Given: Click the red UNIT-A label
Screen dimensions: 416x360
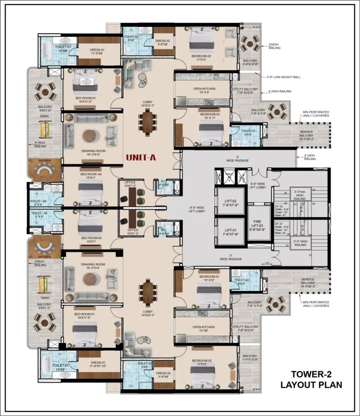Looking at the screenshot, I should (x=141, y=158).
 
